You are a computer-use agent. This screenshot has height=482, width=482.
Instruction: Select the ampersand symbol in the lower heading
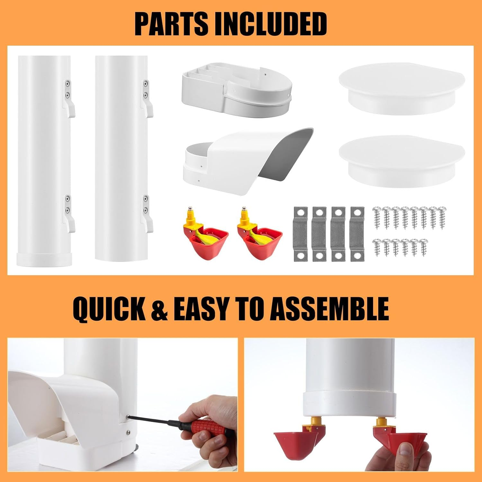click(159, 309)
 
